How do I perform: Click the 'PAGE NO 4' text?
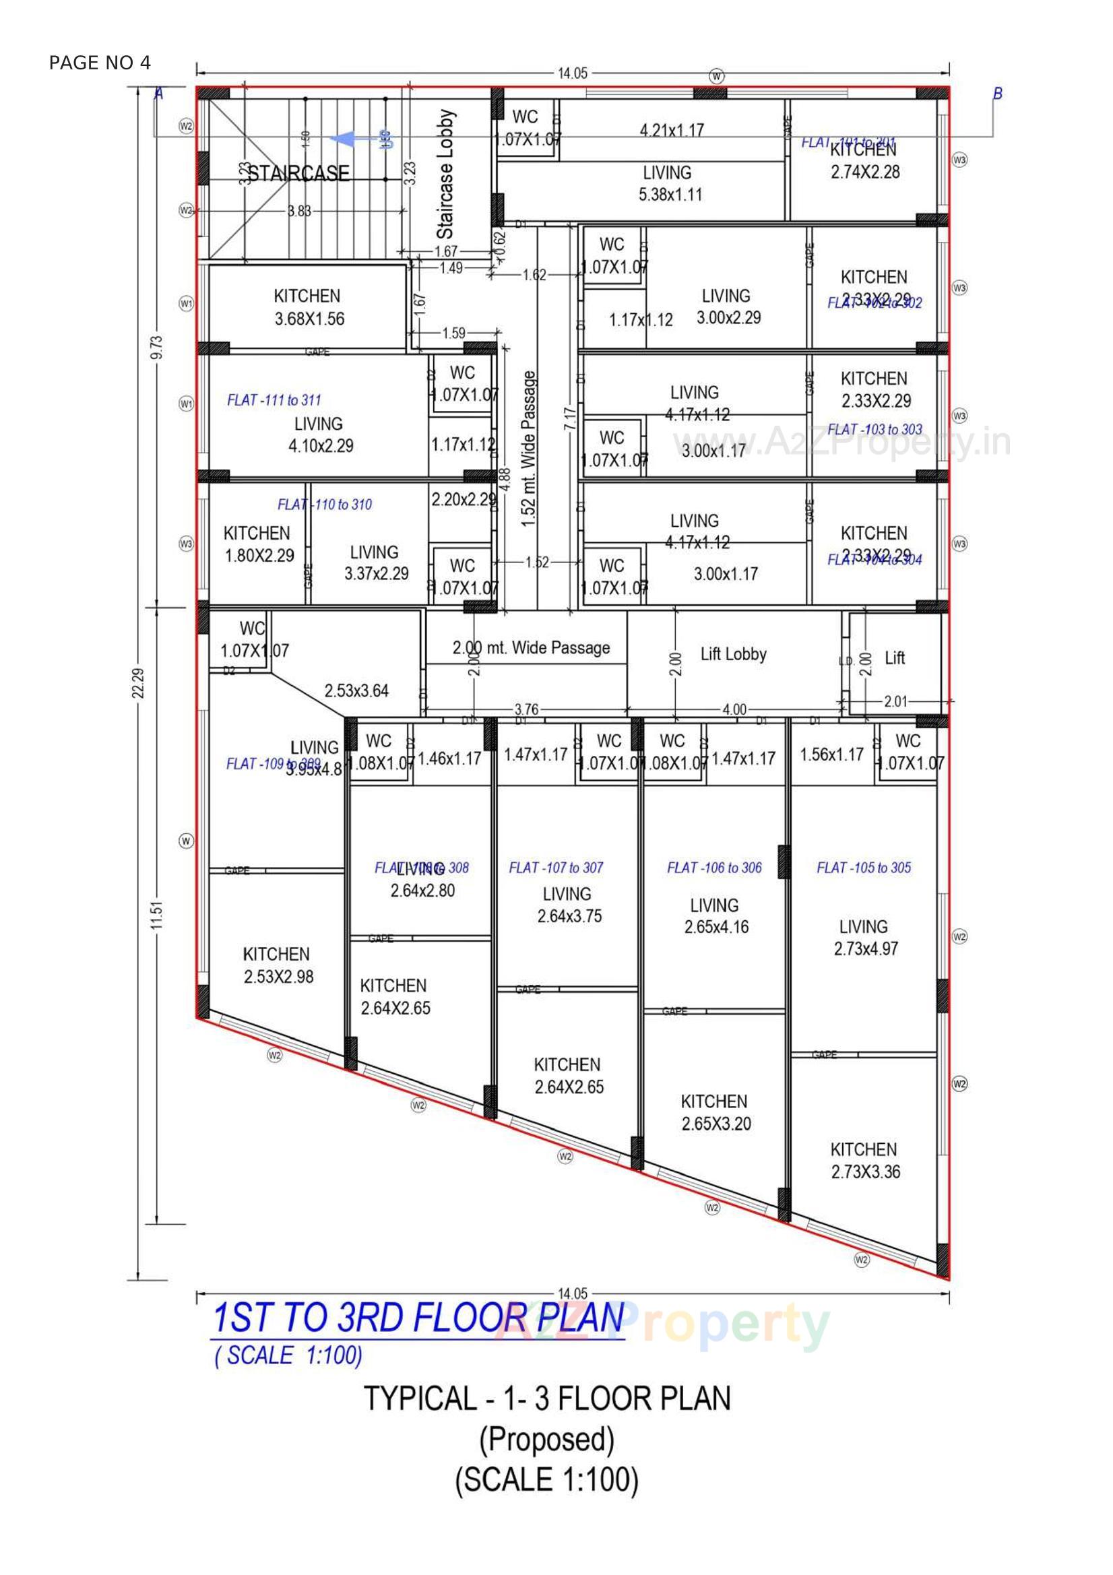pyautogui.click(x=100, y=63)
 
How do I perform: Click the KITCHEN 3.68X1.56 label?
pyautogui.click(x=308, y=307)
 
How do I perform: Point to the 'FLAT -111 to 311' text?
pyautogui.click(x=274, y=400)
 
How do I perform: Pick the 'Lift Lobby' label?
pyautogui.click(x=733, y=653)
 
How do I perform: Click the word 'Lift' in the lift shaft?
pyautogui.click(x=894, y=658)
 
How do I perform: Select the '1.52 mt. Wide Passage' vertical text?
pyautogui.click(x=528, y=449)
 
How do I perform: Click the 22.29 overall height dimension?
pyautogui.click(x=138, y=683)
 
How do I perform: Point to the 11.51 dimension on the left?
pyautogui.click(x=157, y=915)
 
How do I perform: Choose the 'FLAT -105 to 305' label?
pyautogui.click(x=863, y=868)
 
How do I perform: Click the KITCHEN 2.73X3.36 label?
pyautogui.click(x=864, y=1161)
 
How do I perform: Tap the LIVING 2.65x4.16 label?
pyautogui.click(x=715, y=915)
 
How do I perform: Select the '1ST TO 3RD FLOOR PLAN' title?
pyautogui.click(x=418, y=1318)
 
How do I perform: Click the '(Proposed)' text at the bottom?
pyautogui.click(x=546, y=1439)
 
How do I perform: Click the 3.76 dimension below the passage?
pyautogui.click(x=526, y=709)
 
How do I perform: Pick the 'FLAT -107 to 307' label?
pyautogui.click(x=556, y=868)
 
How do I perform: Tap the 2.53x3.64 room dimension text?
pyautogui.click(x=356, y=690)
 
